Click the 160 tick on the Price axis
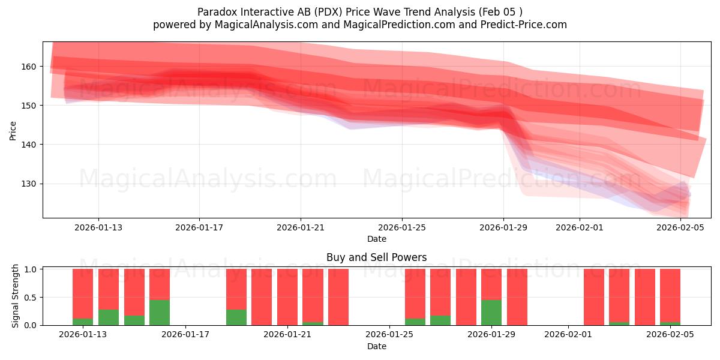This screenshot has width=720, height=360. [29, 66]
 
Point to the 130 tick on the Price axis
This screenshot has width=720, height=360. [29, 184]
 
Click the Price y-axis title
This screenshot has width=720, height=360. [13, 130]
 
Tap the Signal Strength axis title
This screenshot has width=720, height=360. [16, 296]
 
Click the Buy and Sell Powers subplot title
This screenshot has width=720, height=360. [376, 257]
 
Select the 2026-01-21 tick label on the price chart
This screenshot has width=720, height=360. [301, 227]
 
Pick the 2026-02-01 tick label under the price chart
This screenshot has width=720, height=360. [579, 227]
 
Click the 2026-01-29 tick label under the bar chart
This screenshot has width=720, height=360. [491, 334]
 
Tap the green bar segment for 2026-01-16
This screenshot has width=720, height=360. [160, 313]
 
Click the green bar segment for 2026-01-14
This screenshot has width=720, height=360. [109, 317]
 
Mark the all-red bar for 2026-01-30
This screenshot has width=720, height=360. [517, 297]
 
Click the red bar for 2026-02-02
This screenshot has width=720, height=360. [593, 297]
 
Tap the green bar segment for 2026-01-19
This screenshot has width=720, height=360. [236, 317]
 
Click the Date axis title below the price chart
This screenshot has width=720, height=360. [376, 239]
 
